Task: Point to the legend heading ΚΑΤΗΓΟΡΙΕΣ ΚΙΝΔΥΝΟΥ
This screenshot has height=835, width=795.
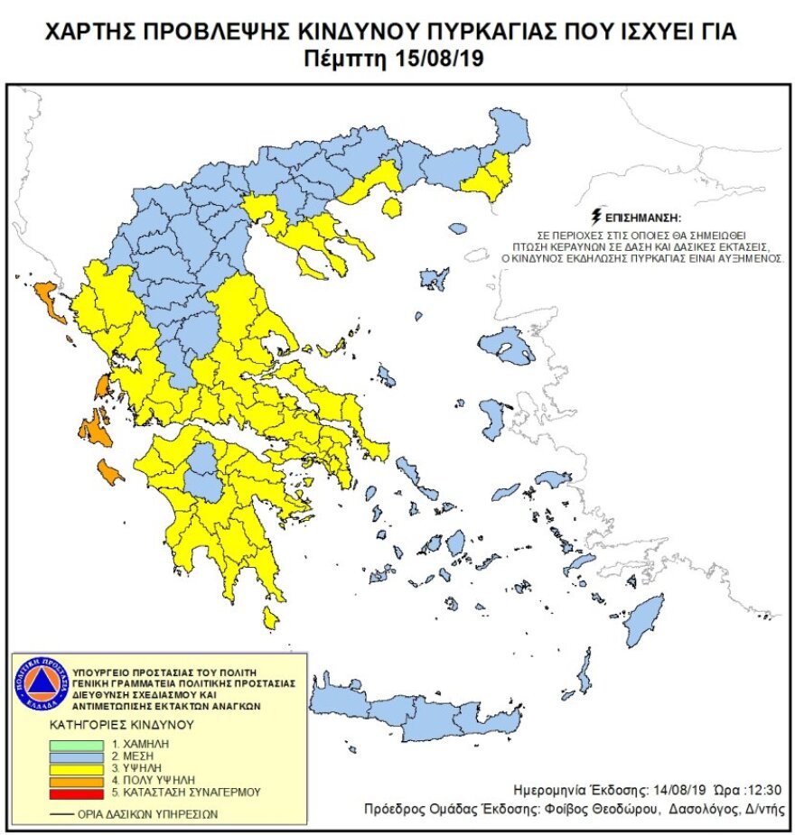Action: (123, 725)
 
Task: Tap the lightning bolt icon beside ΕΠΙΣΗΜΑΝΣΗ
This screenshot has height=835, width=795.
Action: (594, 217)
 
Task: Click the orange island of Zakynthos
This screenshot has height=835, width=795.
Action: (110, 471)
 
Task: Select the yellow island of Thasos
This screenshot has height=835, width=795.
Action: (391, 209)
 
